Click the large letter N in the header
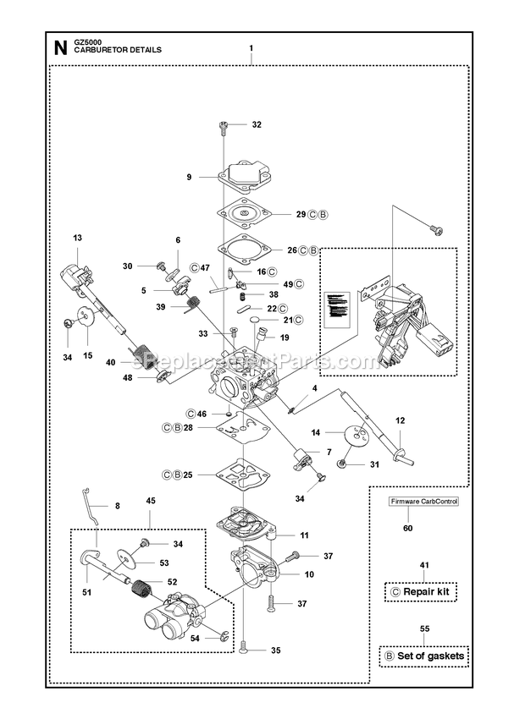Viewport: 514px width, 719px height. click(59, 48)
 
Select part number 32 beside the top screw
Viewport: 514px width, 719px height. click(257, 123)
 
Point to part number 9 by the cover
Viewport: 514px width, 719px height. click(189, 177)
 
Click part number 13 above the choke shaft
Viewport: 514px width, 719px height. click(78, 238)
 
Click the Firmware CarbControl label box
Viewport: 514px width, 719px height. click(424, 502)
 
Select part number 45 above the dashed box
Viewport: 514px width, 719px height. click(151, 501)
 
